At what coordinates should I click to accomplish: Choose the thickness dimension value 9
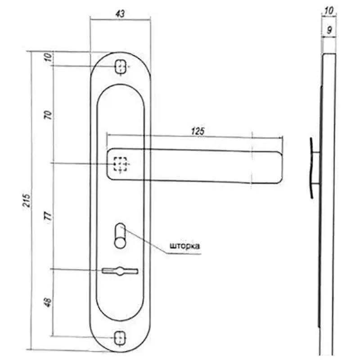pyautogui.click(x=329, y=30)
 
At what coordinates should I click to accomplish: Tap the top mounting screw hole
pyautogui.click(x=120, y=67)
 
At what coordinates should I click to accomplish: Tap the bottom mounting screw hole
pyautogui.click(x=120, y=337)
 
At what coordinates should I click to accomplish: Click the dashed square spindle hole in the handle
pyautogui.click(x=120, y=164)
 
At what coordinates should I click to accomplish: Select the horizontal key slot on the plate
pyautogui.click(x=120, y=270)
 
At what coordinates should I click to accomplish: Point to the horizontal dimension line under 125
pyautogui.click(x=193, y=136)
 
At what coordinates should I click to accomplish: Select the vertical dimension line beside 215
pyautogui.click(x=31, y=200)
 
